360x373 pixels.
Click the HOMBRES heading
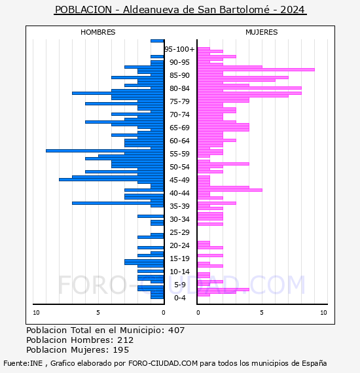point(98,32)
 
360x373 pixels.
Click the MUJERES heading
point(262,32)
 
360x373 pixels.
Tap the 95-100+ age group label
point(179,49)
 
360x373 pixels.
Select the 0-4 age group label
point(179,298)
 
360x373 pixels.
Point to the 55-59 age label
point(179,154)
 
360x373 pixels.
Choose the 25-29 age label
point(179,232)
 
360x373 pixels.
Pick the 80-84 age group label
point(179,88)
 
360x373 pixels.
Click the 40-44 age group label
point(179,193)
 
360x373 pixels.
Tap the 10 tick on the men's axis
point(36,313)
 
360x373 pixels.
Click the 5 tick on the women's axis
point(262,313)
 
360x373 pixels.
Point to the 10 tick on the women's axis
point(323,313)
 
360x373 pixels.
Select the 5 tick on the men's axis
point(98,313)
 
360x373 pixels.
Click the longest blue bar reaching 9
point(105,151)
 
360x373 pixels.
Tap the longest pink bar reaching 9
point(256,70)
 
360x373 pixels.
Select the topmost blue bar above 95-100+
point(157,41)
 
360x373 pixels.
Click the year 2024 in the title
point(292,10)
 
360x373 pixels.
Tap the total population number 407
point(176,330)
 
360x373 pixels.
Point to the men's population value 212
point(126,340)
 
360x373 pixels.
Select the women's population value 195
point(121,350)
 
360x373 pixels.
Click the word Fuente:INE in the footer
point(23,363)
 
